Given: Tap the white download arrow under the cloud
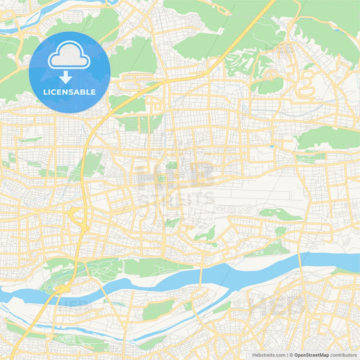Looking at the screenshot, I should [70, 76].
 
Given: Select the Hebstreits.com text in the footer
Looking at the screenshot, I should [265, 354].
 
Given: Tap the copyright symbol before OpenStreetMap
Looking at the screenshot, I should [290, 354].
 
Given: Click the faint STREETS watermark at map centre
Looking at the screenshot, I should [179, 199].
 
